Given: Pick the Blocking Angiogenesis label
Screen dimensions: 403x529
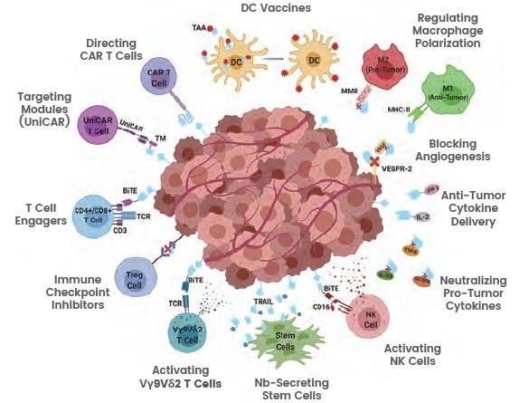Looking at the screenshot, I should click(x=467, y=149).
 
